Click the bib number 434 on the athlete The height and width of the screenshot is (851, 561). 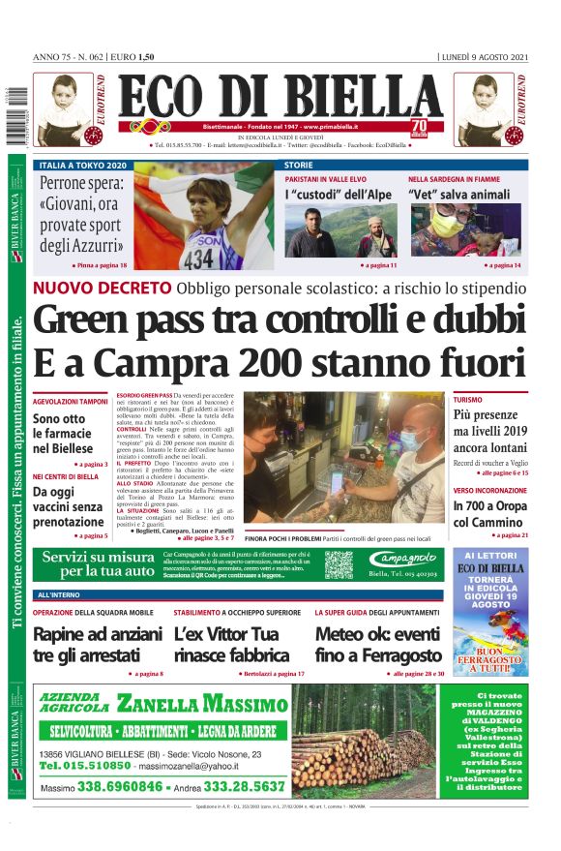coord(198,258)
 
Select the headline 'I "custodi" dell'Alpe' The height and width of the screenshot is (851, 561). coord(335,195)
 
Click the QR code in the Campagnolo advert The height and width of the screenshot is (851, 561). coord(339,564)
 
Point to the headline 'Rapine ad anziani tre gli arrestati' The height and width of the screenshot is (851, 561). coord(97,645)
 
